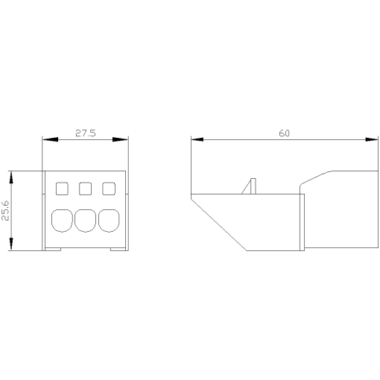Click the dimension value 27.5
(x=85, y=133)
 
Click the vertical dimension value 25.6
(x=6, y=211)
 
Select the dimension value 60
(x=284, y=133)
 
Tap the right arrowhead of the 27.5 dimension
(x=123, y=139)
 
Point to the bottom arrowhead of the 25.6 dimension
(x=11, y=247)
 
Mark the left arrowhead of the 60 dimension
(x=196, y=139)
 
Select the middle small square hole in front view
(x=86, y=188)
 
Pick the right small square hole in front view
(x=108, y=188)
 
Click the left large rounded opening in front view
(x=62, y=220)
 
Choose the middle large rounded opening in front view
(x=86, y=220)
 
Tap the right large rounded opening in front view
(x=110, y=220)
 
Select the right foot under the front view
(x=118, y=250)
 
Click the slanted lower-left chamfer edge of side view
(x=218, y=222)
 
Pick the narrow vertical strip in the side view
(x=303, y=222)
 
